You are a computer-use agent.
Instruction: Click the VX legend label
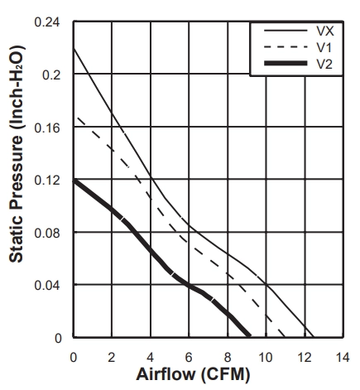[325, 31]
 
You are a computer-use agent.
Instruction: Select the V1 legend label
[324, 47]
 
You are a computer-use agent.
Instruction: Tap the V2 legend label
[324, 64]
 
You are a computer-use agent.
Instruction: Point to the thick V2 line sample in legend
[286, 64]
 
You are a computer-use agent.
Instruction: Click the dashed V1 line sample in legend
[286, 47]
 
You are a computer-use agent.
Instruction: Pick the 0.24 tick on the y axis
[47, 22]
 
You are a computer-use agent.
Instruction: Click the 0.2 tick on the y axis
[51, 75]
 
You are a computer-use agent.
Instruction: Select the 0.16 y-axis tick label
[47, 128]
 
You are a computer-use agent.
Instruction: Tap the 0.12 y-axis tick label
[47, 181]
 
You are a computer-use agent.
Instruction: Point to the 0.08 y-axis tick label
[47, 233]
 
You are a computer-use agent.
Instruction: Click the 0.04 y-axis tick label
[47, 286]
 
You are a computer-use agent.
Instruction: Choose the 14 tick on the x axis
[343, 358]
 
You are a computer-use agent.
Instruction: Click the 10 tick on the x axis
[266, 358]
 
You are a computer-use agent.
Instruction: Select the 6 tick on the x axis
[189, 358]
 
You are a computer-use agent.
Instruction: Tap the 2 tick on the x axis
[112, 358]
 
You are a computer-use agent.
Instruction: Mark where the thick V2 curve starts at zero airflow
[74, 181]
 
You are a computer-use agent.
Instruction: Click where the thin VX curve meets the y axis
[74, 49]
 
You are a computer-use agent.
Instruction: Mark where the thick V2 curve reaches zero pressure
[249, 336]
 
